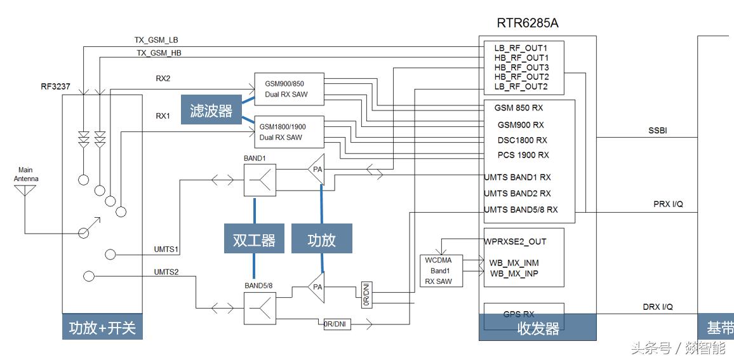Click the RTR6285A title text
pos(528,23)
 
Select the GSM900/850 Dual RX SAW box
pos(289,89)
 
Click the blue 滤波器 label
pos(211,110)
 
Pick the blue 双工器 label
pos(254,239)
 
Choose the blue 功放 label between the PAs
pos(321,239)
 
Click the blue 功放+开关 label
pos(102,328)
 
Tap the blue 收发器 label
pos(537,328)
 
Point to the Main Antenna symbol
pos(25,190)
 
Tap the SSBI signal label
pos(657,131)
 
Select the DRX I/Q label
pos(658,307)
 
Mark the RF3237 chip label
pos(56,86)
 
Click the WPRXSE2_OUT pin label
pos(515,241)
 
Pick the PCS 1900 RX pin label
pos(523,155)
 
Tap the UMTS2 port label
pos(166,272)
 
